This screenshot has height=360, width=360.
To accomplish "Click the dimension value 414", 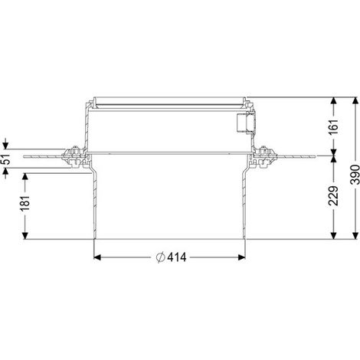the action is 177,257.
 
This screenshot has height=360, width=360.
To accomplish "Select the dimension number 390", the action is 355,175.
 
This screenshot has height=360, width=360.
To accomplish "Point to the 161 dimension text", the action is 333,127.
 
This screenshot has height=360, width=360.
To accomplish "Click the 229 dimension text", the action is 333,196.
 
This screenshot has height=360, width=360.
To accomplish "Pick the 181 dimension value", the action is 25,204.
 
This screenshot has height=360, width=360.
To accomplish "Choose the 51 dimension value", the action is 5,159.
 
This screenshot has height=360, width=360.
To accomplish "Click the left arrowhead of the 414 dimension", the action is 97,257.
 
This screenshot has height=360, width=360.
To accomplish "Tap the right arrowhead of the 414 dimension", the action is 242,257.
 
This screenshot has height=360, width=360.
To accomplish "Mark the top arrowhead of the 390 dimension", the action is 355,100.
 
